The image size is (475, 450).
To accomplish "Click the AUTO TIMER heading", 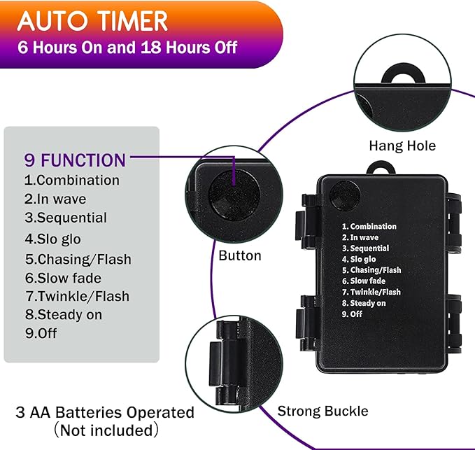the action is pos(92,21).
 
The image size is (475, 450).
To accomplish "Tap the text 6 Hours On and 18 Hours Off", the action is pos(127,48).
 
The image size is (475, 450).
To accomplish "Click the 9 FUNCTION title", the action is pos(75,160).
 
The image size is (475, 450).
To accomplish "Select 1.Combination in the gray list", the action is pos(72,180).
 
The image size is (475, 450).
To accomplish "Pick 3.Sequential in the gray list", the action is pos(66,218).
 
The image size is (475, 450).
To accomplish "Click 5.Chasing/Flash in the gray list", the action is pos(78,260).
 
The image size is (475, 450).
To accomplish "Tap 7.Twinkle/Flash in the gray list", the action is pos(78,296).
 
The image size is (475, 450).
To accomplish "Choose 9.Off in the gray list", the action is pos(41,333).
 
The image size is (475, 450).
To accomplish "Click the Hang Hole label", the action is pos(402,146).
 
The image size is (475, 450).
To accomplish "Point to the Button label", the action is pos(240,255).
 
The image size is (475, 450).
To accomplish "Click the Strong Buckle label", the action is pos(323,412).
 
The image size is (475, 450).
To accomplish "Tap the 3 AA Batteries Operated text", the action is pos(105,412).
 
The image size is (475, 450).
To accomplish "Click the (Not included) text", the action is pos(106,430).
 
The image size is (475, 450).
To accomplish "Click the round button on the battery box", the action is pos(345,195).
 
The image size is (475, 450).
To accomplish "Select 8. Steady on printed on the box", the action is pos(364,303).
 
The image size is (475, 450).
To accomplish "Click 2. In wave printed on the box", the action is pos(360,237).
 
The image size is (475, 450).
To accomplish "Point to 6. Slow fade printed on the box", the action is pos(364,281).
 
